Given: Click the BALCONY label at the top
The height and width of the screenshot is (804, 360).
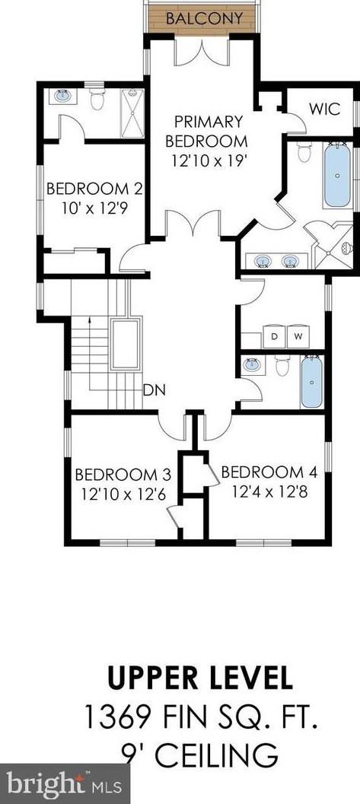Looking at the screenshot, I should tap(205, 17).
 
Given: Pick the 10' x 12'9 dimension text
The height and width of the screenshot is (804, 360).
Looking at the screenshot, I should tap(94, 208).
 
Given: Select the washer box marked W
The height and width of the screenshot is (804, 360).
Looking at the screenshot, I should tap(298, 335).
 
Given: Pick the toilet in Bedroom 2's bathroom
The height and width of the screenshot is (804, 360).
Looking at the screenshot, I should tap(97, 100).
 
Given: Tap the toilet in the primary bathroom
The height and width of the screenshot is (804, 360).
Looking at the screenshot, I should tap(303, 152).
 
